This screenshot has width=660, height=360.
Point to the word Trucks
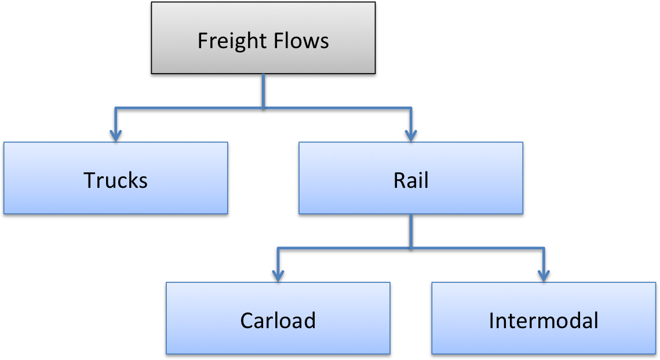115,180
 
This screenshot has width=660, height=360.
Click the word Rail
411,180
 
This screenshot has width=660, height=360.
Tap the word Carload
278,321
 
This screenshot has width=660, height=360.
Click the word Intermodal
544,321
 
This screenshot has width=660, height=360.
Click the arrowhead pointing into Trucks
115,136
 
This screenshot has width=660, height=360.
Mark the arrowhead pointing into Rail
411,136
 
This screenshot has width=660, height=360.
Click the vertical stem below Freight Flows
264,90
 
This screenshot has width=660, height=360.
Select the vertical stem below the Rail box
411,230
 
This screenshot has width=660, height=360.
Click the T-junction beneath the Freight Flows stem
264,108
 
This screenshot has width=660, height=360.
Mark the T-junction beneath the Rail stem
411,248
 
